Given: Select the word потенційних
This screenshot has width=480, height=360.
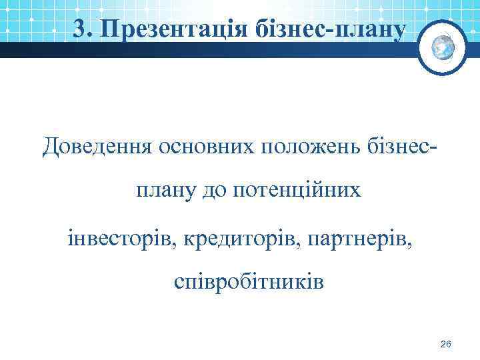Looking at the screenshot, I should (x=297, y=192).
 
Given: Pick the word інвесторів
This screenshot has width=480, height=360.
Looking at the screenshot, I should (x=120, y=237).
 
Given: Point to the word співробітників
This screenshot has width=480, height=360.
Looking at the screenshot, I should (x=249, y=282).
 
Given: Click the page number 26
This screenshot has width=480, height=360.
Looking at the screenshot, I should (x=446, y=343).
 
